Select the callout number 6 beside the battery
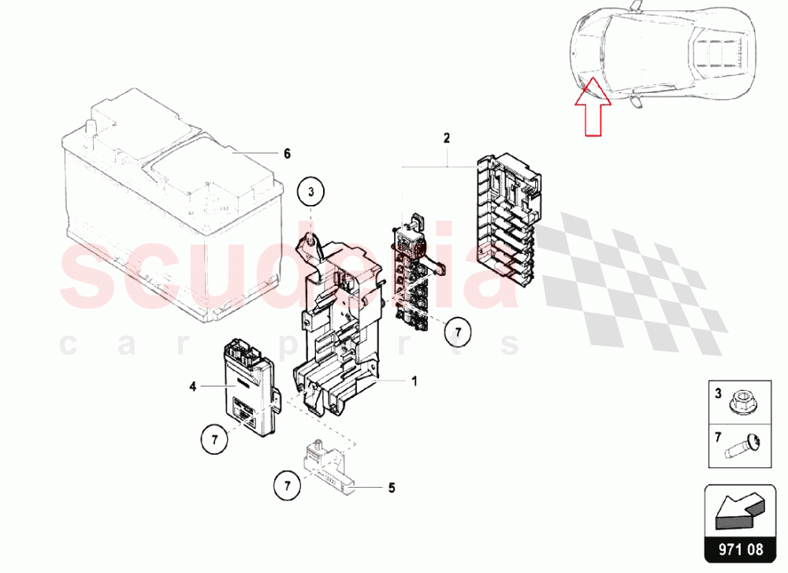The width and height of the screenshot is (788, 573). click(287, 154)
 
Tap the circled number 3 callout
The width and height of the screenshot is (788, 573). click(310, 192)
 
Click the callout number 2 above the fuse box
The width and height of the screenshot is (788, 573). click(446, 138)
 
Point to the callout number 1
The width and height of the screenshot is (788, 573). click(414, 381)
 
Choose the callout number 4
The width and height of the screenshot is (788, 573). click(192, 386)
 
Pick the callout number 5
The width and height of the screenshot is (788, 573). click(392, 488)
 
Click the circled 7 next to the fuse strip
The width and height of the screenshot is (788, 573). click(458, 333)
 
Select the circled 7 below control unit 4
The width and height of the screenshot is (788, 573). click(214, 440)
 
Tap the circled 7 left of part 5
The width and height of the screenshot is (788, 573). click(288, 486)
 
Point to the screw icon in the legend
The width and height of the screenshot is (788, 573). click(742, 447)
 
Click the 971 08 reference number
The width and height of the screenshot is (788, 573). click(740, 549)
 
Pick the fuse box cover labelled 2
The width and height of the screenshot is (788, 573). click(508, 221)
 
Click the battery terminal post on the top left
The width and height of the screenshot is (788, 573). click(91, 127)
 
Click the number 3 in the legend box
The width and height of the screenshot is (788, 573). click(718, 393)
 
